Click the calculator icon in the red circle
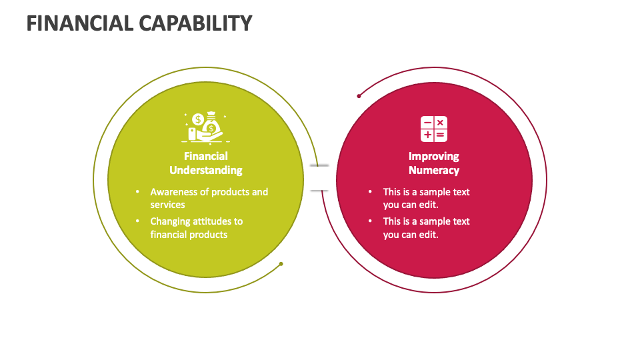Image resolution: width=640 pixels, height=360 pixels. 433,129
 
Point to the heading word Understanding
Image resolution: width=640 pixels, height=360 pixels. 205,170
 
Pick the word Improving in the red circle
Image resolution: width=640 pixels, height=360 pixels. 433,157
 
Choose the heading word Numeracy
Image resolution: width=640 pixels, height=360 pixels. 433,170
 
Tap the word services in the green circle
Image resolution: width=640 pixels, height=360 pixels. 167,205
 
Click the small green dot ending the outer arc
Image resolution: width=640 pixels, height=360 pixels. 281,264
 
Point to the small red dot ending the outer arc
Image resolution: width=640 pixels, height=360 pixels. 359,96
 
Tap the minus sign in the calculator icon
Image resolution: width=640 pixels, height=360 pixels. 427,123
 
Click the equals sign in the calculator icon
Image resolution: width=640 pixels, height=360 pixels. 440,135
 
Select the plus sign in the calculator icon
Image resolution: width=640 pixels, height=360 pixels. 427,135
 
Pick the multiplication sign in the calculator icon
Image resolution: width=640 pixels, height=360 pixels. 440,123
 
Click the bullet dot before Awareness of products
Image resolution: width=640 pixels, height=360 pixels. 137,192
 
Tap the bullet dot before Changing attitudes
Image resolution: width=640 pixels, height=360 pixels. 137,221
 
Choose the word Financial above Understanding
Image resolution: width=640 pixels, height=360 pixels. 205,157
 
